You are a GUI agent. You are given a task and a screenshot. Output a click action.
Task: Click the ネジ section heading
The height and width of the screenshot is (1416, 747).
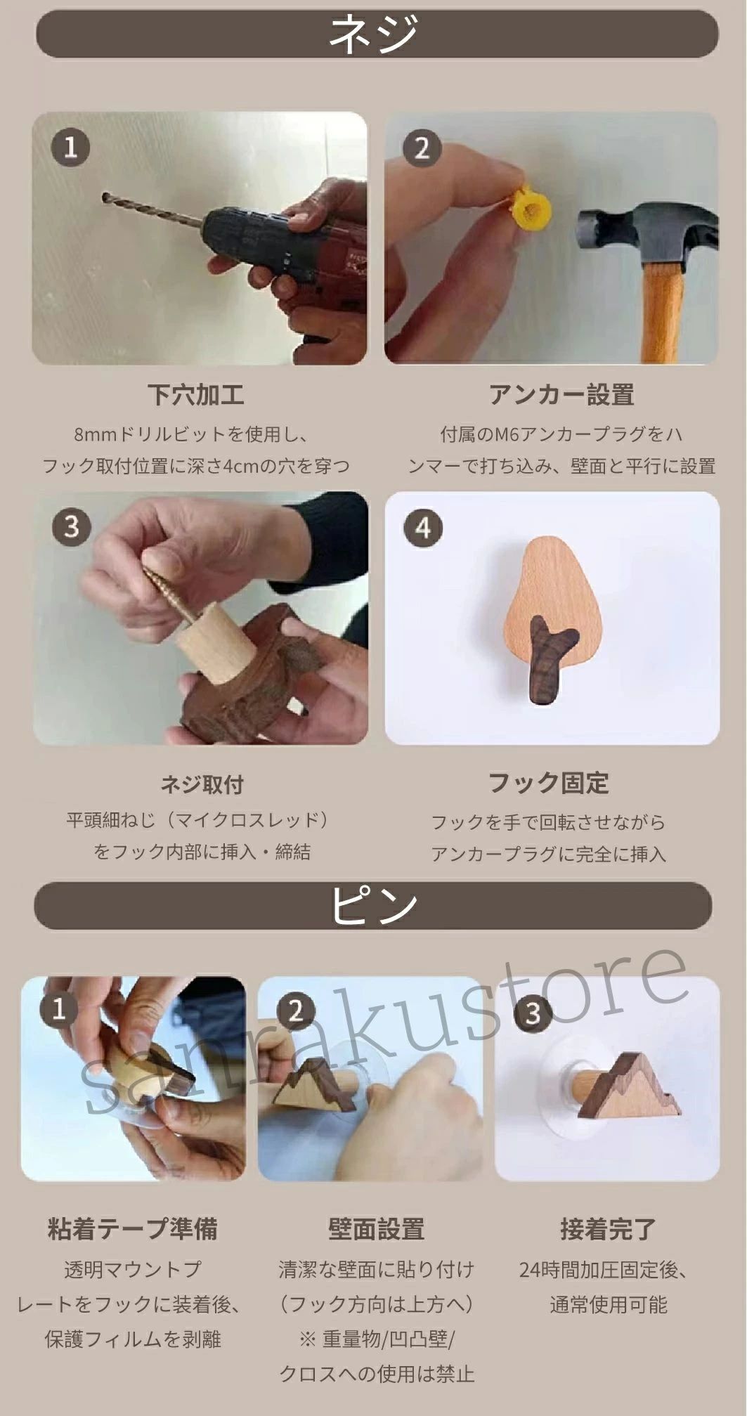point(374,34)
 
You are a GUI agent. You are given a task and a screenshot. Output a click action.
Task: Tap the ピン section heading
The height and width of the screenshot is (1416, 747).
point(373,905)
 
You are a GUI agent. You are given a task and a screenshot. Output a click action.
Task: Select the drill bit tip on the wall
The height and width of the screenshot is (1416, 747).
point(105,196)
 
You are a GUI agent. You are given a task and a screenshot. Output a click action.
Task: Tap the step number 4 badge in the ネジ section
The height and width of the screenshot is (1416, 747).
point(422,528)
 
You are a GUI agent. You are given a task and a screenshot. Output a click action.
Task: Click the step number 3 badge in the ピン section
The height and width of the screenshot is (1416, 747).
point(533,1013)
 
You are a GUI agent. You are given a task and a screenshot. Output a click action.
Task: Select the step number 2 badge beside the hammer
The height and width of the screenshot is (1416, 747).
point(422,148)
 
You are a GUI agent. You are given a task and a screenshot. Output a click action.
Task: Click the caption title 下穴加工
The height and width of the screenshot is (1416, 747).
point(195,394)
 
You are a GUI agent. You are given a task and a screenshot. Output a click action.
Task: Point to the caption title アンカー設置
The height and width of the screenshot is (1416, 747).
point(561,395)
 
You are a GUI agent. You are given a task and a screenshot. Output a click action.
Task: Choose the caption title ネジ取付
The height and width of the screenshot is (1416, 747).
point(202,784)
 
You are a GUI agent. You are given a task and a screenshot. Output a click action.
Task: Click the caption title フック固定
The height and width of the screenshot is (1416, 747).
point(548,783)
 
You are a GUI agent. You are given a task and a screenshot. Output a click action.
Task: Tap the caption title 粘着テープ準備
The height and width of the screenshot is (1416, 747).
point(132,1228)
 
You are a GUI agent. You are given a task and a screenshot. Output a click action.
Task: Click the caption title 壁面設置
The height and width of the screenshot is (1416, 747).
point(377,1229)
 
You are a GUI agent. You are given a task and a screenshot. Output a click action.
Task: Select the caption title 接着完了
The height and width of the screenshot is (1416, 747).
point(609,1229)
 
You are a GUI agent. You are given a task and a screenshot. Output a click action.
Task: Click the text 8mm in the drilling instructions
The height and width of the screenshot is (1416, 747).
point(94,434)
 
